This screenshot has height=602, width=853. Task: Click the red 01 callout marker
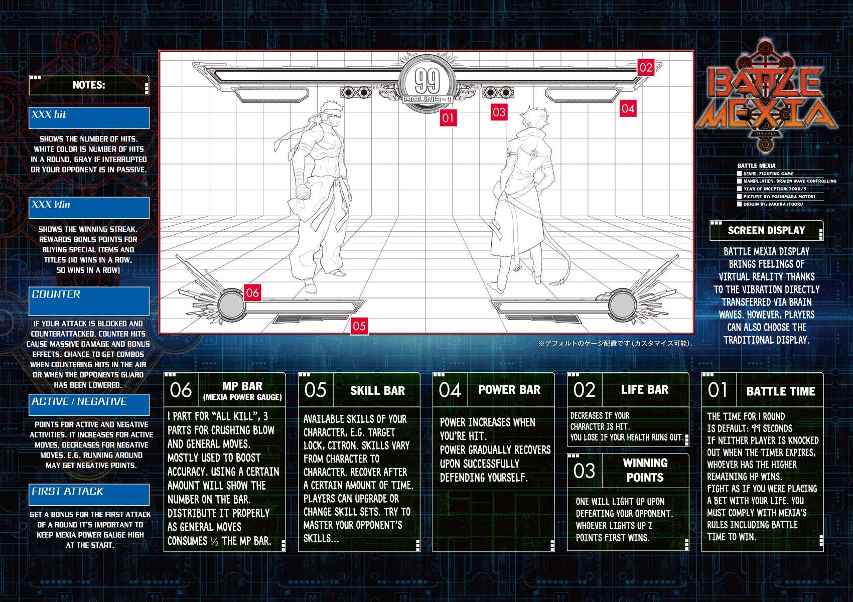coord(448,118)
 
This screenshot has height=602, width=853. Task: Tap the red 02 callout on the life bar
coord(646,67)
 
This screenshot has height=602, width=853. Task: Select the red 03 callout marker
coord(499,112)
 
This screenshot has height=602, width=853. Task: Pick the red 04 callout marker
coord(628,108)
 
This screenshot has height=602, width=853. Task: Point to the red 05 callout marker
coord(359,326)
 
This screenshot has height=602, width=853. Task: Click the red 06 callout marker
coord(252,293)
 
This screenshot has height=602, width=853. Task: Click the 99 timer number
coord(427,81)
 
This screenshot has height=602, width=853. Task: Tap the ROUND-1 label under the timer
coord(428,99)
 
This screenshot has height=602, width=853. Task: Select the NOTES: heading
coord(89,85)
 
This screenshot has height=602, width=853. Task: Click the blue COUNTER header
coord(89,301)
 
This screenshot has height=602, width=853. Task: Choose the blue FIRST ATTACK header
coord(89,495)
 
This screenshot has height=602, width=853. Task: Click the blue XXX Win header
coord(89,208)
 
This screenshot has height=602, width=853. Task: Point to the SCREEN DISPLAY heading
coord(766,230)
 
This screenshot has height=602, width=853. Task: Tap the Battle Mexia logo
coord(766,98)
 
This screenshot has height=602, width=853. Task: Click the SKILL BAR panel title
coord(377,391)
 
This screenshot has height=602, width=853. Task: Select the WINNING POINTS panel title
coord(645,470)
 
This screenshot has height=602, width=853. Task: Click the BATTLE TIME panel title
coord(781,391)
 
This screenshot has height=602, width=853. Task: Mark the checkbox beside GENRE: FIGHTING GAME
coord(739,174)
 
